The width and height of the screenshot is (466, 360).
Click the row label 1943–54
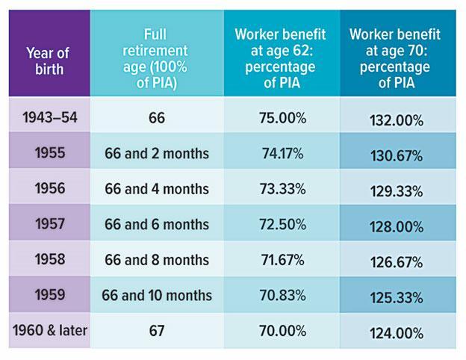[x=47, y=118]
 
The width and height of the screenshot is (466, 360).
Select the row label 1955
[x=47, y=153]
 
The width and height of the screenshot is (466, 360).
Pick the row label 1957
[x=47, y=224]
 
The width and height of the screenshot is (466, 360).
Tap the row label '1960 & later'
[x=47, y=330]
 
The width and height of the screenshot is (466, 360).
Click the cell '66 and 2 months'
[x=157, y=154]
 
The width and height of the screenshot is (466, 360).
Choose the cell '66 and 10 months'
[x=157, y=295]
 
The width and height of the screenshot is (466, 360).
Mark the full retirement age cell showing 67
[x=157, y=330]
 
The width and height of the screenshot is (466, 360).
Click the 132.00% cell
[x=397, y=120]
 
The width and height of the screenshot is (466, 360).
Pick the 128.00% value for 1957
[x=397, y=226]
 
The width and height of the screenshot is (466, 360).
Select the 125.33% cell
[x=397, y=297]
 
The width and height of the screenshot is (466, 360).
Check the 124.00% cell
[x=397, y=332]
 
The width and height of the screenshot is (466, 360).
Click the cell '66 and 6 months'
[x=157, y=224]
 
